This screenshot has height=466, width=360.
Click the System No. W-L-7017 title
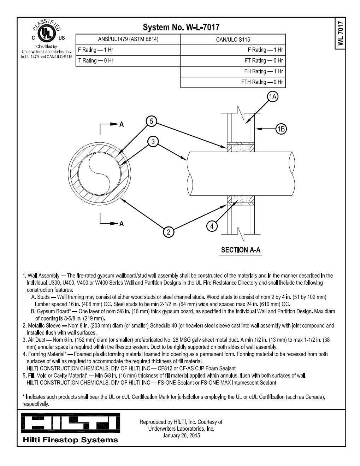click(x=181, y=27)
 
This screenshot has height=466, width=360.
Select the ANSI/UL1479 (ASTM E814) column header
click(x=128, y=39)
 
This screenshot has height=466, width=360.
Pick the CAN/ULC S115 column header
click(x=233, y=40)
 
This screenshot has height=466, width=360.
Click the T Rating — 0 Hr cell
click(x=96, y=60)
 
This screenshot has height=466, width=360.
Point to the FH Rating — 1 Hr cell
click(x=264, y=71)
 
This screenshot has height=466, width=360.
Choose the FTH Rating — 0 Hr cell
click(x=262, y=82)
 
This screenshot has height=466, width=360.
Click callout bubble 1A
click(x=272, y=96)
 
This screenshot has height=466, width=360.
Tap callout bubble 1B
click(x=281, y=129)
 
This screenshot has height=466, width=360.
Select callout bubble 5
click(x=151, y=121)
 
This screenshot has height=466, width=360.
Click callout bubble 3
click(x=153, y=142)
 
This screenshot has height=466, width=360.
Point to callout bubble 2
click(x=169, y=232)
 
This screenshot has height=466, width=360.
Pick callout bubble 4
click(x=212, y=226)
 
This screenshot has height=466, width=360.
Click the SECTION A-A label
click(x=241, y=250)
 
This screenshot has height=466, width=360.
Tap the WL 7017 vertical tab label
click(x=340, y=33)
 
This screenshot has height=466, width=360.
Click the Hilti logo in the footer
click(x=70, y=423)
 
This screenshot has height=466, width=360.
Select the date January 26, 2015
click(x=181, y=435)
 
